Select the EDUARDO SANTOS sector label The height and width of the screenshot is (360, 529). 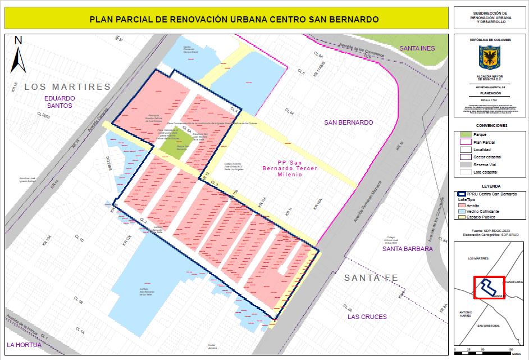(60, 101)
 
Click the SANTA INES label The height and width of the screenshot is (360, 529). (417, 48)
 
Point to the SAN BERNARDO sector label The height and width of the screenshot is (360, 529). (348, 122)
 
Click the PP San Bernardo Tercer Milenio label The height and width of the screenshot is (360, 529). (290, 168)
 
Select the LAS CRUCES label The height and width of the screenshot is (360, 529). (367, 317)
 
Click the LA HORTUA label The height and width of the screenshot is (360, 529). (24, 344)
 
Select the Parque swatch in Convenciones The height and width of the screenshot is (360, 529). (464, 135)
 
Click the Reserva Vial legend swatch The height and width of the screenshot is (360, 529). (464, 165)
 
